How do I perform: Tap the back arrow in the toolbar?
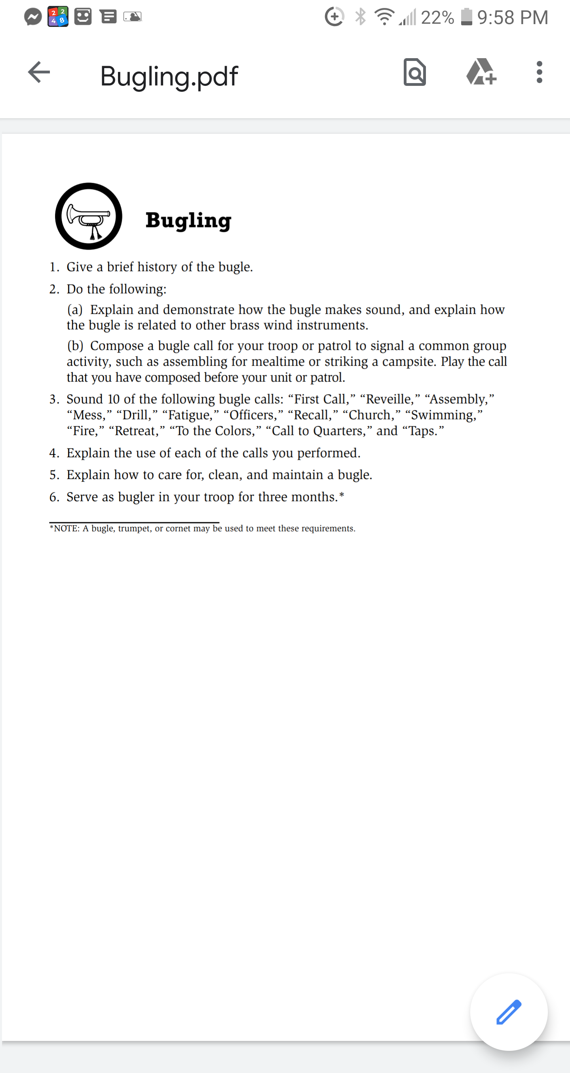coord(39,72)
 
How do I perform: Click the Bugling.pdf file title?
coord(169,76)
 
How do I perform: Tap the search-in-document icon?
coord(414,72)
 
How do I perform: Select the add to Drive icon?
coord(481,72)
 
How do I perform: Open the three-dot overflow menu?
coord(540,72)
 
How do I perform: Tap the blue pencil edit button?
coord(509,1012)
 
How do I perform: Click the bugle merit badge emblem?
coord(89,216)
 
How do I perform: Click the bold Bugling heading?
coord(188,220)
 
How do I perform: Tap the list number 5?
coord(54,475)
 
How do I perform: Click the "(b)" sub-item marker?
coord(76,346)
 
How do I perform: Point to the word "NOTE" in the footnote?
coord(66,529)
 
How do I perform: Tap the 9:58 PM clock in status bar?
coord(513,17)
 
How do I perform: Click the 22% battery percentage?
coord(437,17)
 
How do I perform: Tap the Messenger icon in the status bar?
coord(33,17)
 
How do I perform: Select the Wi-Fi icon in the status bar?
coord(384,17)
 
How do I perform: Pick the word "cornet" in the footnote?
coord(178,529)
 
